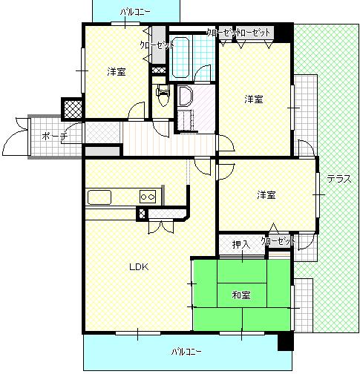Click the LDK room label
[x=139, y=267]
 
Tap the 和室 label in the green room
[x=241, y=295]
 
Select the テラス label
[x=339, y=179]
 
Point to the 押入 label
[x=241, y=245]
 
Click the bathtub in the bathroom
[x=180, y=57]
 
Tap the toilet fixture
[x=163, y=95]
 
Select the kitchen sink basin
[x=99, y=197]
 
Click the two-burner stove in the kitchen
[x=148, y=197]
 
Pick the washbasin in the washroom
[x=185, y=96]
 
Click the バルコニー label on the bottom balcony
[x=186, y=352]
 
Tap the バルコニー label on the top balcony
[x=135, y=12]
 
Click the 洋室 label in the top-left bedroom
[x=117, y=72]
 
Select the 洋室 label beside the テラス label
[x=266, y=195]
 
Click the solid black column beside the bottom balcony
[x=286, y=341]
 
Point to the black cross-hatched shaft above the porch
[x=73, y=109]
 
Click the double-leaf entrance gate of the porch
[x=16, y=137]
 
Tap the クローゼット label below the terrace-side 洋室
[x=278, y=241]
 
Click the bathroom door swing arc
[x=203, y=72]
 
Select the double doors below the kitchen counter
[x=161, y=226]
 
